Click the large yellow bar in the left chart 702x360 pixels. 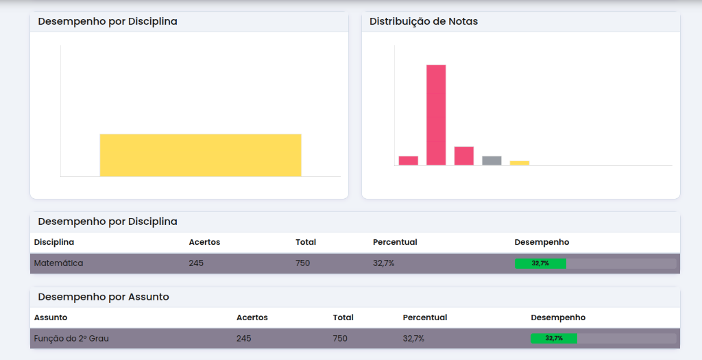point(200,155)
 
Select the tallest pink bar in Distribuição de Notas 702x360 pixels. point(436,115)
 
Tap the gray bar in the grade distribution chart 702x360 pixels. point(492,160)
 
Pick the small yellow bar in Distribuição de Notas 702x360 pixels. point(520,163)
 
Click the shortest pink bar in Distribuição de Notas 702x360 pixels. point(409,160)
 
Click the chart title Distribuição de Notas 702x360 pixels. point(424,21)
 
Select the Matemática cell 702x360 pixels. point(58,263)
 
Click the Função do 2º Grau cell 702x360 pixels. point(71,339)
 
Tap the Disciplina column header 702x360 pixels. point(54,242)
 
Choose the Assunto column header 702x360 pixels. point(51,317)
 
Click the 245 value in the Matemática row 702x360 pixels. point(196,263)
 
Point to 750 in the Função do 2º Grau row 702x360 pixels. point(340,339)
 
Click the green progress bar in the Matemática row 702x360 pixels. point(540,263)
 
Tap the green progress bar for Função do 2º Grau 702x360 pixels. point(554,339)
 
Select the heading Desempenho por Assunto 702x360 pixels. point(104,297)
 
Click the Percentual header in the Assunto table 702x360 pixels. point(425,317)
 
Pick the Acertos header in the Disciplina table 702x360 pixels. point(204,242)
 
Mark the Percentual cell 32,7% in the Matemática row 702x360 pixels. point(383,263)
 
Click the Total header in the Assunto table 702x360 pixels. point(343,317)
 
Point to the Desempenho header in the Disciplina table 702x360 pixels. point(542,242)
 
